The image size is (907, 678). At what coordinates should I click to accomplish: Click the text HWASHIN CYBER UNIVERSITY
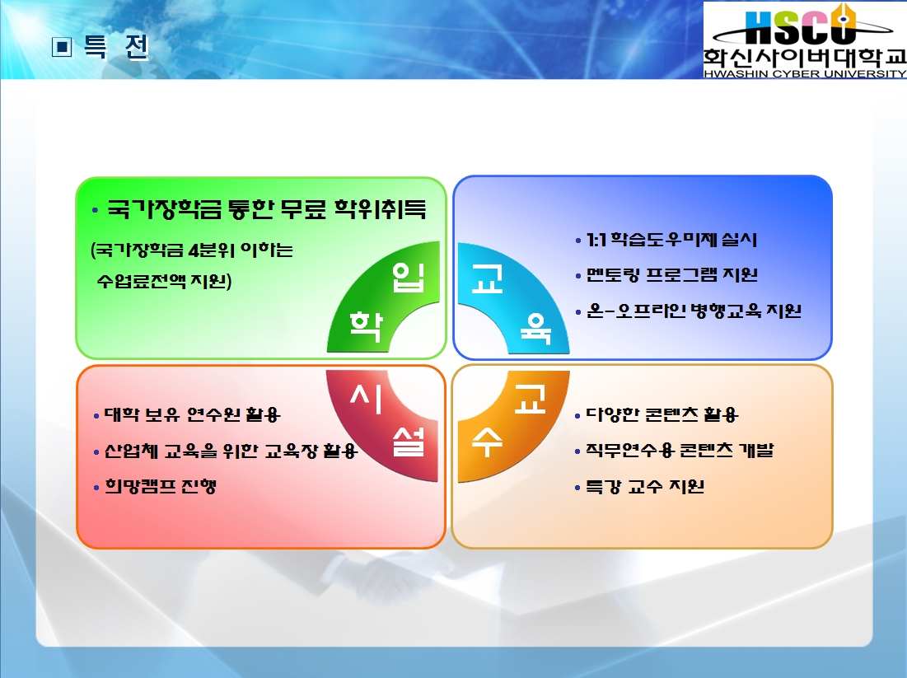pos(805,73)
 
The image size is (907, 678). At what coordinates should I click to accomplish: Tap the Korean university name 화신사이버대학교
pos(805,58)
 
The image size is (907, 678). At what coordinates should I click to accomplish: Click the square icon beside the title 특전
pos(63,47)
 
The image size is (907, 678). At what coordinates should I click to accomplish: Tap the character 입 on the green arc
pos(409,277)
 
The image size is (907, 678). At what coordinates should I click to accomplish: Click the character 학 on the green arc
pos(366,326)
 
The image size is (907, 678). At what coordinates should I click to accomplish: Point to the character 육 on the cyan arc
pos(535,329)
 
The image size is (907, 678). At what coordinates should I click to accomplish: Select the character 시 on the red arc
pos(367,399)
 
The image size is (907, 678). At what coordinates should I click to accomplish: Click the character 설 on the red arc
pos(409,442)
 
